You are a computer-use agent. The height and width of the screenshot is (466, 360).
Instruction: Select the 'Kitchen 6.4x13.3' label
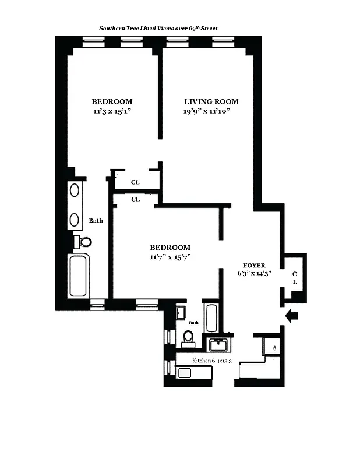[x=211, y=361]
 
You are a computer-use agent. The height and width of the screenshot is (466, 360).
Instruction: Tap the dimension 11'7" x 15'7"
[x=170, y=256]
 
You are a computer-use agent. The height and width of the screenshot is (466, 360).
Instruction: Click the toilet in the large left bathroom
[x=83, y=242]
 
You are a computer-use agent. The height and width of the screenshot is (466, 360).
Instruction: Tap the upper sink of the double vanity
[x=75, y=191]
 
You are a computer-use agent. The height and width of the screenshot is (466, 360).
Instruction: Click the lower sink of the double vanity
[x=75, y=219]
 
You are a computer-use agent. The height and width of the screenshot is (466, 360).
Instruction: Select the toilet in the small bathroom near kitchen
[x=188, y=338]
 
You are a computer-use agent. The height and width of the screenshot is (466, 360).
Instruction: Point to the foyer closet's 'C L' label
[x=295, y=277]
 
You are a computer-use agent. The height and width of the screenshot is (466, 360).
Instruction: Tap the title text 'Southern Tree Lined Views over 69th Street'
[x=158, y=28]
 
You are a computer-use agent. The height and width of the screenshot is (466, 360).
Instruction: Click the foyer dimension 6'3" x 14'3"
[x=254, y=273]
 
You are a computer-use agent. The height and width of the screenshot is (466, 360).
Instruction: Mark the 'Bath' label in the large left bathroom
[x=96, y=221]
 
